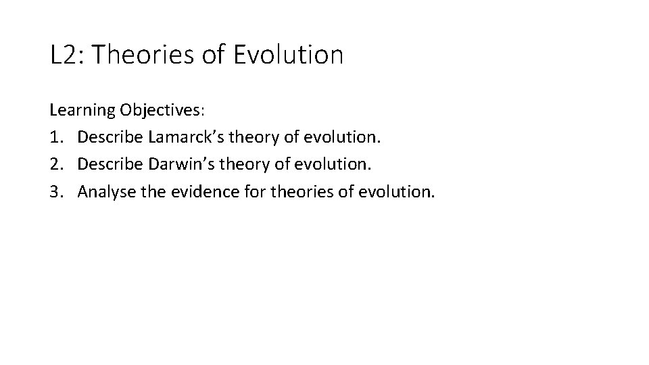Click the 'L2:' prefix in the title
(66, 55)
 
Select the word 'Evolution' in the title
(289, 55)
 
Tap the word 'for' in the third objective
(255, 192)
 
